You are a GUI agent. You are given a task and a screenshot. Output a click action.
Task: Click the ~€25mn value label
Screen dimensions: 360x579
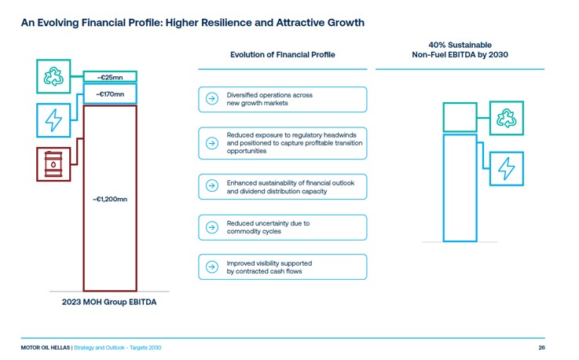110,77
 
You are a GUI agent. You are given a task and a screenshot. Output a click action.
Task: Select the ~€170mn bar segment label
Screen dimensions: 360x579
110,94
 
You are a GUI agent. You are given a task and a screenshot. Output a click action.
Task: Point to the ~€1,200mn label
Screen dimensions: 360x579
110,199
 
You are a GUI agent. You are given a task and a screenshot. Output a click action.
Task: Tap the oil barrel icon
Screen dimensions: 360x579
53,164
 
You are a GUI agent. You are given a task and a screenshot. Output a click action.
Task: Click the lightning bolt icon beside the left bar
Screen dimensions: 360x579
53,119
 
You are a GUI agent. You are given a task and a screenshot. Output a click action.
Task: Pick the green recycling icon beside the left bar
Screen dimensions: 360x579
53,75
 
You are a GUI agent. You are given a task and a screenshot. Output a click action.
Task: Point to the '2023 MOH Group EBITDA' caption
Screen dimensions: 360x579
108,303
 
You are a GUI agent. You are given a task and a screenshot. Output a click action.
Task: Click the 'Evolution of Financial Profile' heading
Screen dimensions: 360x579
282,54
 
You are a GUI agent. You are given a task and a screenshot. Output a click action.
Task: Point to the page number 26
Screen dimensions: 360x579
541,347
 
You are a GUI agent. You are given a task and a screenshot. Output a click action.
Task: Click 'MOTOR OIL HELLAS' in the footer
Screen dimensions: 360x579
46,347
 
